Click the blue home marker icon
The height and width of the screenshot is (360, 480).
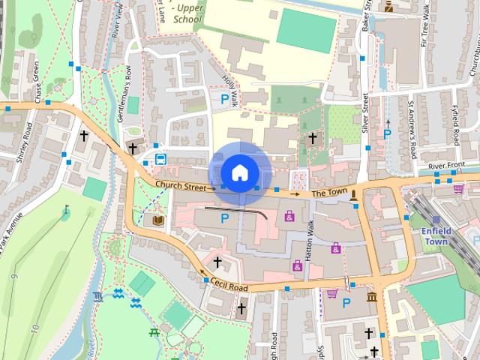pos(239,173)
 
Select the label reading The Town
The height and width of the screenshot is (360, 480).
pos(329,193)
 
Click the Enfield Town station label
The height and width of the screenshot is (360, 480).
pos(435,235)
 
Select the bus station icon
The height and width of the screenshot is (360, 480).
pos(160,158)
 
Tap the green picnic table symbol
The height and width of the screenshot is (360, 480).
pos(155,331)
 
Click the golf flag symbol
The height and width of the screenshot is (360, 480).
pos(65,211)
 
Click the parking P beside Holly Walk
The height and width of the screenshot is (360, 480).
pos(223,98)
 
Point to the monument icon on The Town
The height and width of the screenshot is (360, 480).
pos(354,194)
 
